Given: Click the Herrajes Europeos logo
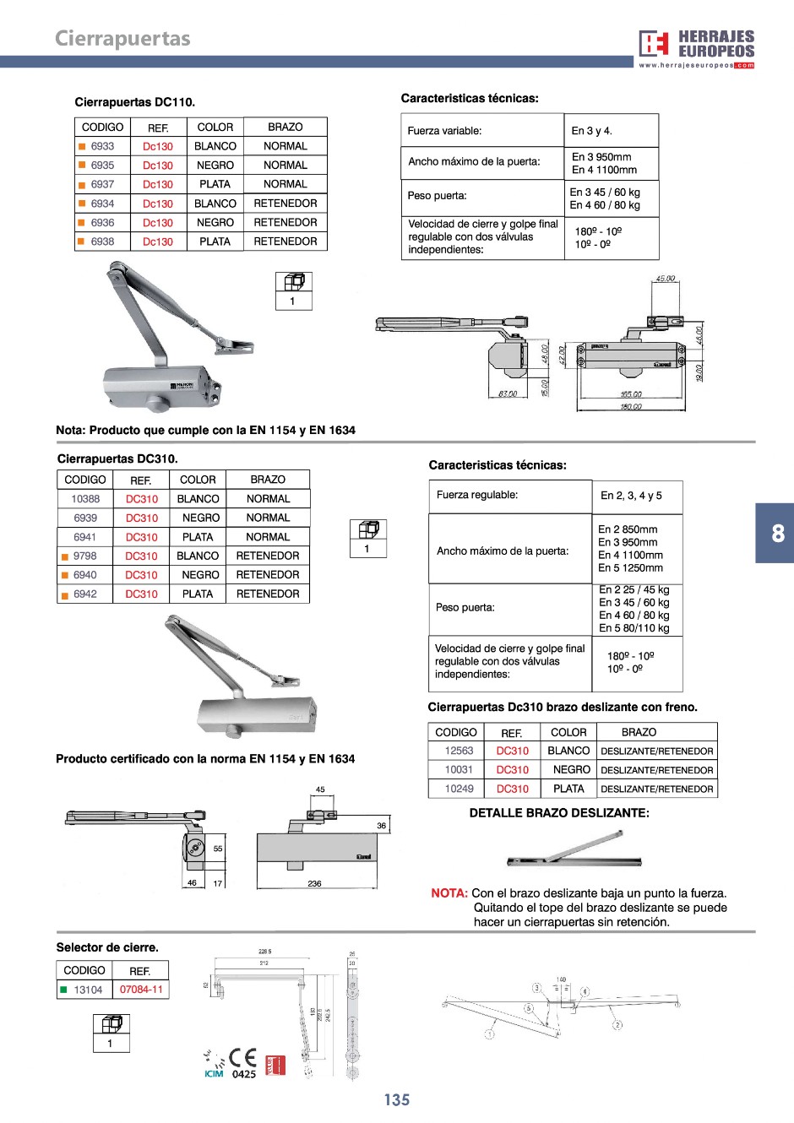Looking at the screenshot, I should pos(696,48).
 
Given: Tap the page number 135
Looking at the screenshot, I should pos(396,1099).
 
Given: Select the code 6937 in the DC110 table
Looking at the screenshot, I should pos(102,184).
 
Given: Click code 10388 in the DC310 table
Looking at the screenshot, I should pos(85,499).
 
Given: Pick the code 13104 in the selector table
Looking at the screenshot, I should pos(88,990).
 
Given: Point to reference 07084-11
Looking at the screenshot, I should pos(141,990).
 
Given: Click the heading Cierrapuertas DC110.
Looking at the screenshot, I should pos(135,102).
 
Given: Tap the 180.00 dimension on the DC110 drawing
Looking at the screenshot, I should pos(630,407).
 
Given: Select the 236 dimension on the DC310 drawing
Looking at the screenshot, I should pos(314,883).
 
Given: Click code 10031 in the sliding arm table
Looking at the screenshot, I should pos(459,769).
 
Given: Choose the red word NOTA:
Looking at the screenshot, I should pos(449,893).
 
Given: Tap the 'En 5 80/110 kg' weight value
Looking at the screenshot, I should pos(634,628).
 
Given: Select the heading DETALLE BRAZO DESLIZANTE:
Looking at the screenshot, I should pos(559,813).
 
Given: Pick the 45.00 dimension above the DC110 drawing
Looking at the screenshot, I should pos(665,279).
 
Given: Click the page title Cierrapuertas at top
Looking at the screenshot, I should pos(122,38).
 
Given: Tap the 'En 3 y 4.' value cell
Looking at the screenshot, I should pos(591,131).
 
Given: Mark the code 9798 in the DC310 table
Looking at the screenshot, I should pos(85,556).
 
